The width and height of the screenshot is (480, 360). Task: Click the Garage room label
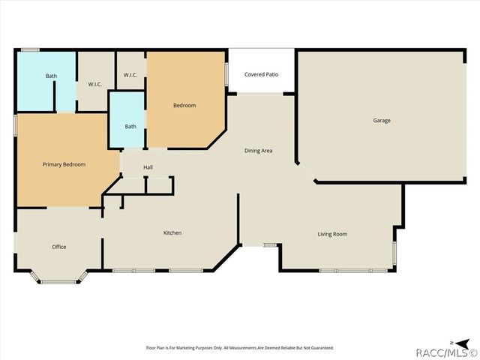coord(382,120)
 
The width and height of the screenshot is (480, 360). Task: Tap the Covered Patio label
coord(261,74)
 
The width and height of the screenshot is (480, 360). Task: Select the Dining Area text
coord(258,151)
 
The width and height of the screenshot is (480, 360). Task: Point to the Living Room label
coord(332,234)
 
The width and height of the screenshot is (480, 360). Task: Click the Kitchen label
coord(172,232)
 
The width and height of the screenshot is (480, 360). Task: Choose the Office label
coord(59,247)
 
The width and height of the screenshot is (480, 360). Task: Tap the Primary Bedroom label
coord(64,164)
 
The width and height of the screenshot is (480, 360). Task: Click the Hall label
coord(148,166)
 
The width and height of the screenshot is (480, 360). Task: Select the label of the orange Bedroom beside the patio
coord(184,105)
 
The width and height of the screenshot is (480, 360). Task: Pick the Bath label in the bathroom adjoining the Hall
coord(130,126)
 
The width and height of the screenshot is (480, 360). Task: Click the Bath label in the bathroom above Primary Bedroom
coord(51,76)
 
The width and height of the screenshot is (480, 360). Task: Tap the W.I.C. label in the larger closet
coord(94,84)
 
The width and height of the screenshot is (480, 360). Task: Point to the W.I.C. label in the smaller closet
coord(130,75)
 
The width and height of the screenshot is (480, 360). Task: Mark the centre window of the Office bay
coord(59,282)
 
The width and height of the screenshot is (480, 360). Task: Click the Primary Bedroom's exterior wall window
coord(15,124)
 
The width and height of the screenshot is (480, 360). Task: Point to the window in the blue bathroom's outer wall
coord(30,50)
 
